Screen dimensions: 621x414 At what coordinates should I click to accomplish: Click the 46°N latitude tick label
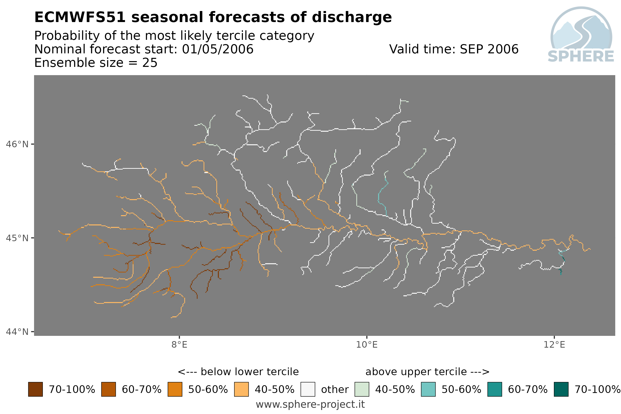pyautogui.click(x=17, y=145)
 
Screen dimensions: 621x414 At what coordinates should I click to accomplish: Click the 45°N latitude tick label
pyautogui.click(x=17, y=238)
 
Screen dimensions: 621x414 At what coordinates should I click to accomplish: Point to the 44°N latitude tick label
pyautogui.click(x=17, y=332)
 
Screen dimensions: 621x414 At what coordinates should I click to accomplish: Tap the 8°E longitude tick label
pyautogui.click(x=180, y=345)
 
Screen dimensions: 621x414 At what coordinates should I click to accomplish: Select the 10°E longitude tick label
pyautogui.click(x=367, y=345)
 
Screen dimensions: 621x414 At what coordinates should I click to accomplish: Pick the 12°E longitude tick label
pyautogui.click(x=554, y=345)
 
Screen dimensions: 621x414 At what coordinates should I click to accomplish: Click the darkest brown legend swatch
pyautogui.click(x=35, y=389)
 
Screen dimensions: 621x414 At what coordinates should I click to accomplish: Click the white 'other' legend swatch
pyautogui.click(x=308, y=389)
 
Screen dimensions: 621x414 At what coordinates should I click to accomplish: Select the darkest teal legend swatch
pyautogui.click(x=561, y=389)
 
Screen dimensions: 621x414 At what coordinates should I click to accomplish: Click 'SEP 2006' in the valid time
pyautogui.click(x=489, y=49)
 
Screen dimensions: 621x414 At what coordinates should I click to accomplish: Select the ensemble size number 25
pyautogui.click(x=150, y=63)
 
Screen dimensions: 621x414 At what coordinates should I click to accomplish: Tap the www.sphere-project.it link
pyautogui.click(x=310, y=404)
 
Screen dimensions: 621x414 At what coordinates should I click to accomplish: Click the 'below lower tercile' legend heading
pyautogui.click(x=238, y=372)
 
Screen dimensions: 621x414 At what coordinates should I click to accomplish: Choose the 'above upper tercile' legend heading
pyautogui.click(x=427, y=372)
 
